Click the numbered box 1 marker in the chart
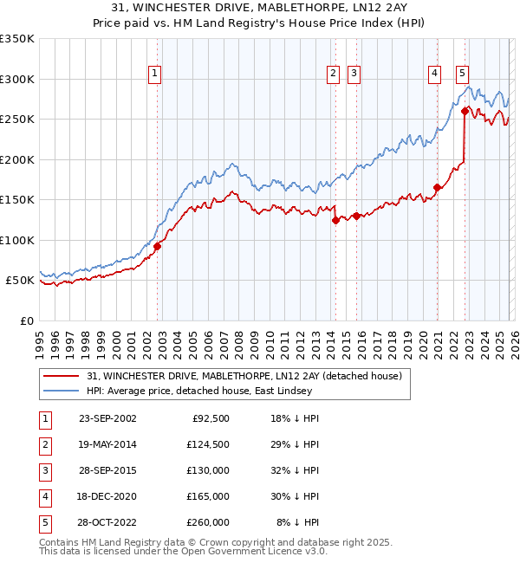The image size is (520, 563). click(154, 74)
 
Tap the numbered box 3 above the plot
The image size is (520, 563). click(354, 74)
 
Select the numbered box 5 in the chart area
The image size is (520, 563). click(463, 74)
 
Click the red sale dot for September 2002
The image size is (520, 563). click(157, 246)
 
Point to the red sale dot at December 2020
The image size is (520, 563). click(438, 188)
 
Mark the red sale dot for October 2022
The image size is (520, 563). click(465, 111)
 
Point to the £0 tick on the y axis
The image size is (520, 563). click(26, 320)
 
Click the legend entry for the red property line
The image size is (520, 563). click(244, 377)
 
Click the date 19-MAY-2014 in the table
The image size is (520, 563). click(107, 445)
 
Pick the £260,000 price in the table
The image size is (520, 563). click(208, 523)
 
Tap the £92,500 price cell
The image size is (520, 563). click(211, 419)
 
